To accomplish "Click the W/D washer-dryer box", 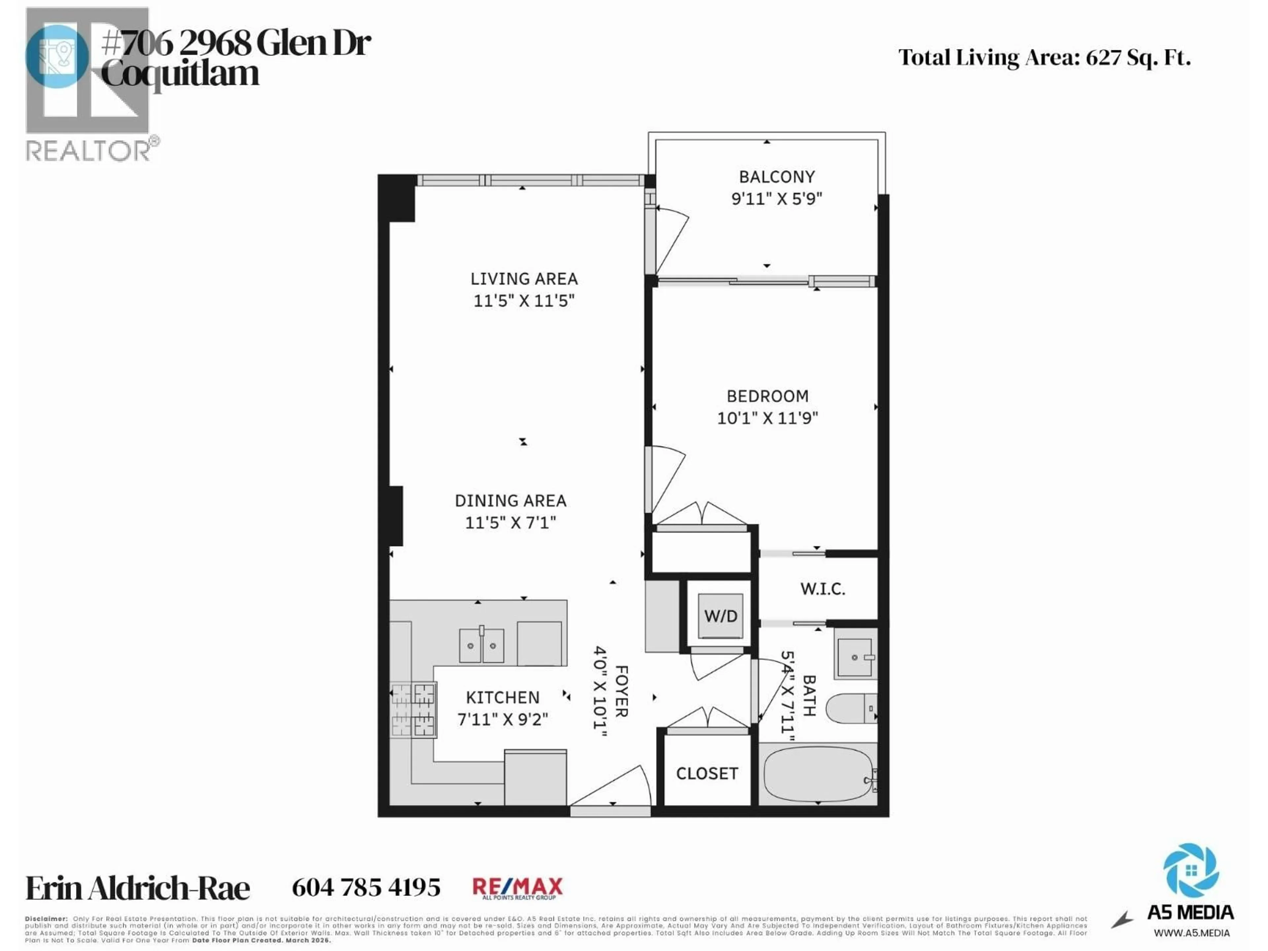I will [x=721, y=616].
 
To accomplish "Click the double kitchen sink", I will [x=481, y=645].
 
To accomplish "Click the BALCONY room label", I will [x=777, y=177].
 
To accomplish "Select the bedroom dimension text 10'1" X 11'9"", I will [x=767, y=418].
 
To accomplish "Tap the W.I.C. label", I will [x=823, y=589].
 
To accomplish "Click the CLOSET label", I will [x=707, y=773].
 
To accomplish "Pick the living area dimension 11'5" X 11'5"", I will [x=523, y=300].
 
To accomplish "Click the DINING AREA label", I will [x=510, y=501].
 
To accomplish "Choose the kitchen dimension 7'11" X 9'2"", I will [x=503, y=719].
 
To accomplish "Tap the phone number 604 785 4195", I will [x=366, y=887].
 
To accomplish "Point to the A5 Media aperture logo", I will [x=1191, y=869].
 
